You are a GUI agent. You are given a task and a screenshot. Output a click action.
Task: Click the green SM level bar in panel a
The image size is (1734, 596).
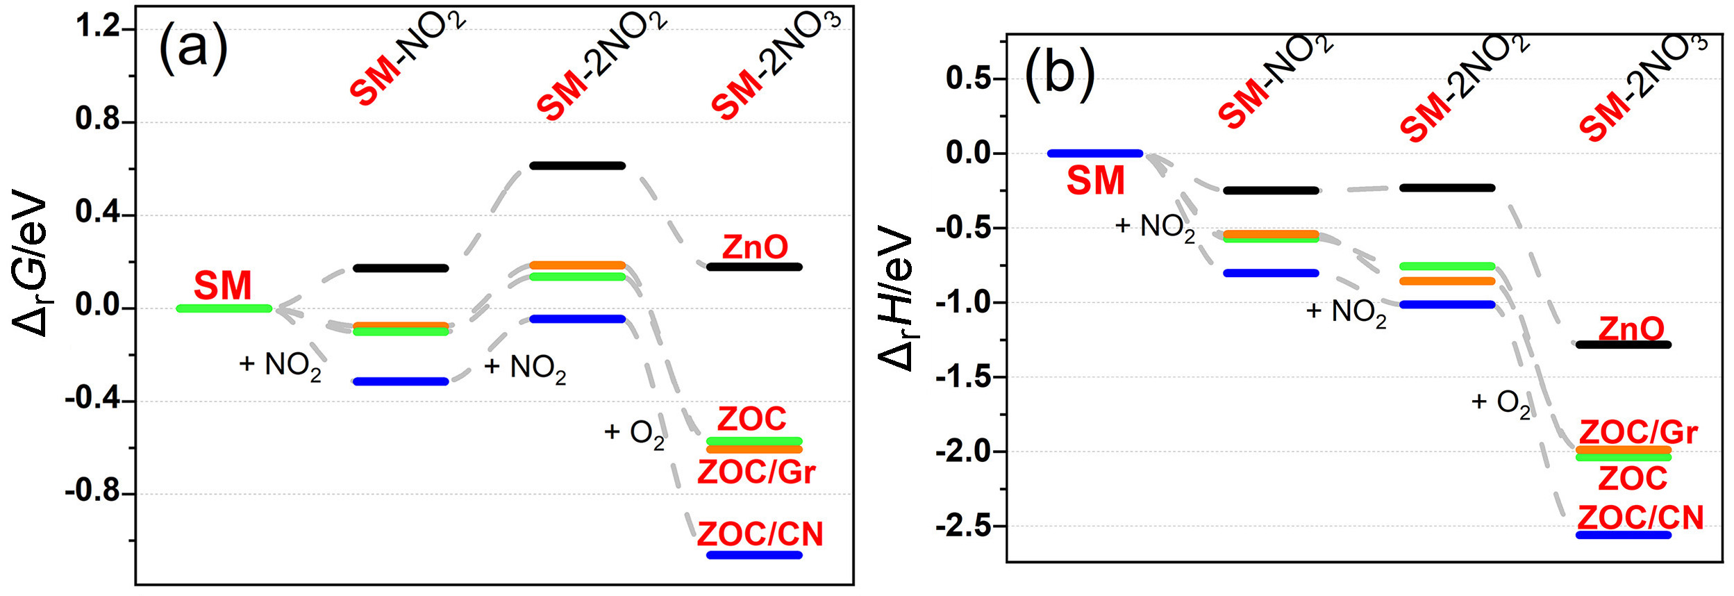tap(224, 308)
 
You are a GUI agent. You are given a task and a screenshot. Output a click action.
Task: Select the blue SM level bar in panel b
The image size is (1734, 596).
tap(1095, 154)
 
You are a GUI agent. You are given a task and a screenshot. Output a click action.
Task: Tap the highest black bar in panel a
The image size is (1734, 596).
tap(577, 165)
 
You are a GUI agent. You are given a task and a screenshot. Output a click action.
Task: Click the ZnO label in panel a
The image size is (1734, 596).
tap(755, 247)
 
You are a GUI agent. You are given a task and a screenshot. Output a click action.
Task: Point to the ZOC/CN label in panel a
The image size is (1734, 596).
tap(760, 534)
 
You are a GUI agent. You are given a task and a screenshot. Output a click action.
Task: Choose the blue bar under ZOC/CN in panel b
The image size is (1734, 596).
tap(1624, 535)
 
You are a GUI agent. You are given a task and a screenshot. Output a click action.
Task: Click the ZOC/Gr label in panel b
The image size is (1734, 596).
tap(1638, 432)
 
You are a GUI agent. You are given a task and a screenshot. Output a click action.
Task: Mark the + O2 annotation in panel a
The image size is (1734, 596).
tap(634, 433)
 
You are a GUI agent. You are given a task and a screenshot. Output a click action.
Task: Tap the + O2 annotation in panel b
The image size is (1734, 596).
tap(1500, 403)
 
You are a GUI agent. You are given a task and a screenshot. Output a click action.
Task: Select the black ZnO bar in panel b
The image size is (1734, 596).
tap(1624, 345)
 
